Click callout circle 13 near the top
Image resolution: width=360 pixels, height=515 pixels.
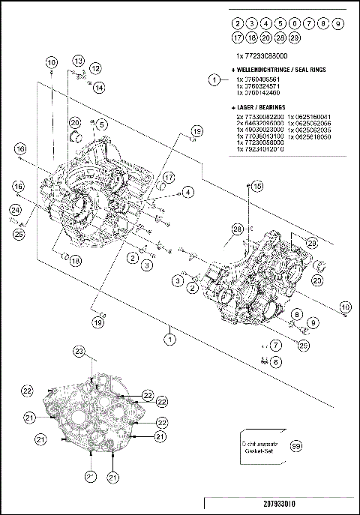[x=79, y=60]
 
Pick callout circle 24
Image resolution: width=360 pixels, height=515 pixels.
[x=15, y=211]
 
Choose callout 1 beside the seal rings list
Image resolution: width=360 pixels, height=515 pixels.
[x=214, y=79]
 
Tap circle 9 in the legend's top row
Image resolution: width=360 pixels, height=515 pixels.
[x=338, y=24]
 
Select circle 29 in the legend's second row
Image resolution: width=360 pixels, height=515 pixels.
[x=295, y=38]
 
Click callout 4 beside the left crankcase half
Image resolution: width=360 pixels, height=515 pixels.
[x=187, y=192]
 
